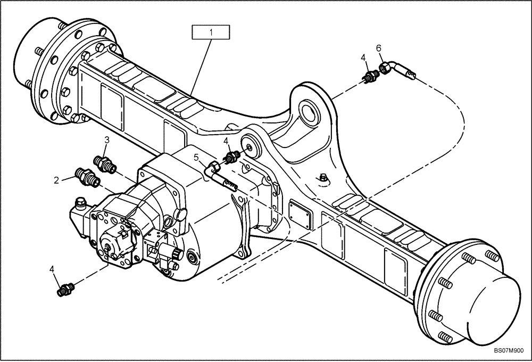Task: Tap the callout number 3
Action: (x=106, y=140)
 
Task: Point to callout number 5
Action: (x=196, y=158)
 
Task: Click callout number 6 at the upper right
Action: (x=379, y=48)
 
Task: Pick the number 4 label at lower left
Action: (x=53, y=269)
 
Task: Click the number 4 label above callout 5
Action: (x=226, y=141)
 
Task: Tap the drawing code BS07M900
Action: (x=509, y=351)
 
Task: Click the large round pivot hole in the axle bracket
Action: (x=309, y=113)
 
